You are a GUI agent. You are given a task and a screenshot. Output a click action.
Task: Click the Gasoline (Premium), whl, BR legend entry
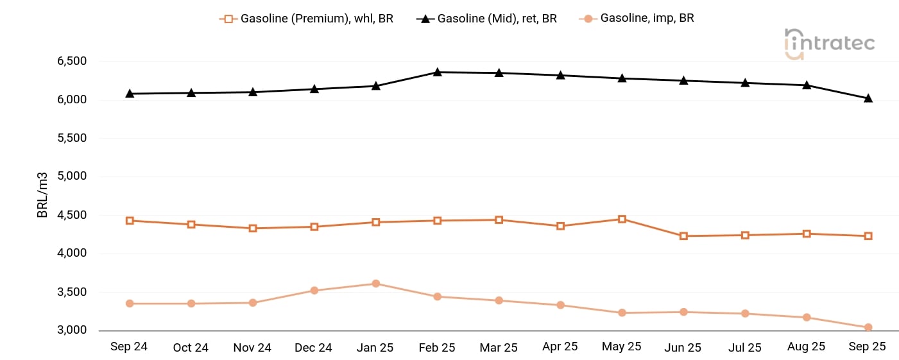(x=307, y=19)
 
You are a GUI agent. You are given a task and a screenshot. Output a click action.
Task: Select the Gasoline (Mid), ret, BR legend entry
(x=487, y=19)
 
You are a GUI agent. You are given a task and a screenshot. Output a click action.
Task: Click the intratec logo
(x=830, y=43)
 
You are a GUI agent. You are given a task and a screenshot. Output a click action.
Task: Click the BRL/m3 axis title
(x=43, y=194)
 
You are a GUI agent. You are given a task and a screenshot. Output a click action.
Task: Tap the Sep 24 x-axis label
(x=129, y=347)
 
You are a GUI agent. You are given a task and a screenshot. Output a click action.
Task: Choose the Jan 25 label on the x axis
(x=375, y=347)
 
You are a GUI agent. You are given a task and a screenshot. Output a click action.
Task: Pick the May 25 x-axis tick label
(x=621, y=347)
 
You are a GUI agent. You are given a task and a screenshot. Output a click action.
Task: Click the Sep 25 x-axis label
(x=867, y=347)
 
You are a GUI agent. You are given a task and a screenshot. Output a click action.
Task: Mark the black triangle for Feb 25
(x=437, y=72)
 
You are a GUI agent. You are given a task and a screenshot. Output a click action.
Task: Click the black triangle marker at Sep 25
(x=868, y=98)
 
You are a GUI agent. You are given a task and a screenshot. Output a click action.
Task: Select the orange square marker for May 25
(x=622, y=219)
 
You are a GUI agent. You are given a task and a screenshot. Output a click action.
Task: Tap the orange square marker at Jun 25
(x=683, y=236)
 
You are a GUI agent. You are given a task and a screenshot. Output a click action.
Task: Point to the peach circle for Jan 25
(x=376, y=284)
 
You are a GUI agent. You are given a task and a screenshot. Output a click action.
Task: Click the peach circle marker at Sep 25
(x=868, y=328)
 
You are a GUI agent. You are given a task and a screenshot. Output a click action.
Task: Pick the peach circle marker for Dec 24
(x=314, y=291)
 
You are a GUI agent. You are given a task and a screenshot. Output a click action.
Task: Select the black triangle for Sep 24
(x=130, y=93)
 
